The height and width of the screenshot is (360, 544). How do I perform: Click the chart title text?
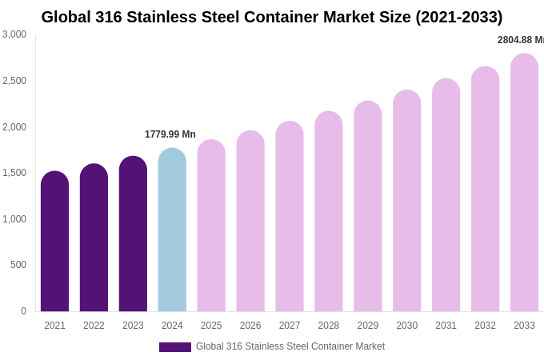click(x=272, y=17)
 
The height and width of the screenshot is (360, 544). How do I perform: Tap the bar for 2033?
click(x=524, y=183)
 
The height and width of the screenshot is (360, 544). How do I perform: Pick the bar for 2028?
click(x=329, y=212)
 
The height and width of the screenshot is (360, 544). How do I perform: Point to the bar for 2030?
click(x=406, y=201)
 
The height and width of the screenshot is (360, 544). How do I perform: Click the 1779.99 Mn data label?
click(x=170, y=134)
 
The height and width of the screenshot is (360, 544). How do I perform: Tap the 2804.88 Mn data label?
click(x=521, y=40)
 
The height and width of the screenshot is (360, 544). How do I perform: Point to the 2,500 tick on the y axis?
click(x=14, y=81)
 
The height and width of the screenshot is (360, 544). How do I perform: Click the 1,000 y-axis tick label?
click(x=14, y=219)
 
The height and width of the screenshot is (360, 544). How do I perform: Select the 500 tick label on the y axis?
click(x=18, y=265)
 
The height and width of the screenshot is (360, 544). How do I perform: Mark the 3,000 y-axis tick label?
click(x=14, y=34)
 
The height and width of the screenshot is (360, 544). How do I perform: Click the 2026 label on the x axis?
click(x=250, y=326)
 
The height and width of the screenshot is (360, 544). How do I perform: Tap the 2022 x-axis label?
click(x=94, y=326)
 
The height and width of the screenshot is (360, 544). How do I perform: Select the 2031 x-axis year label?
click(x=446, y=326)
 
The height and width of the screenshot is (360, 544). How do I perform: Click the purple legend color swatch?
click(x=175, y=347)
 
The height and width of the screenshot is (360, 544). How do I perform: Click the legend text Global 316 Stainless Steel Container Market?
click(x=290, y=346)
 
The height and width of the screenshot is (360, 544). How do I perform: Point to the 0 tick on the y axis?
click(x=23, y=311)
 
